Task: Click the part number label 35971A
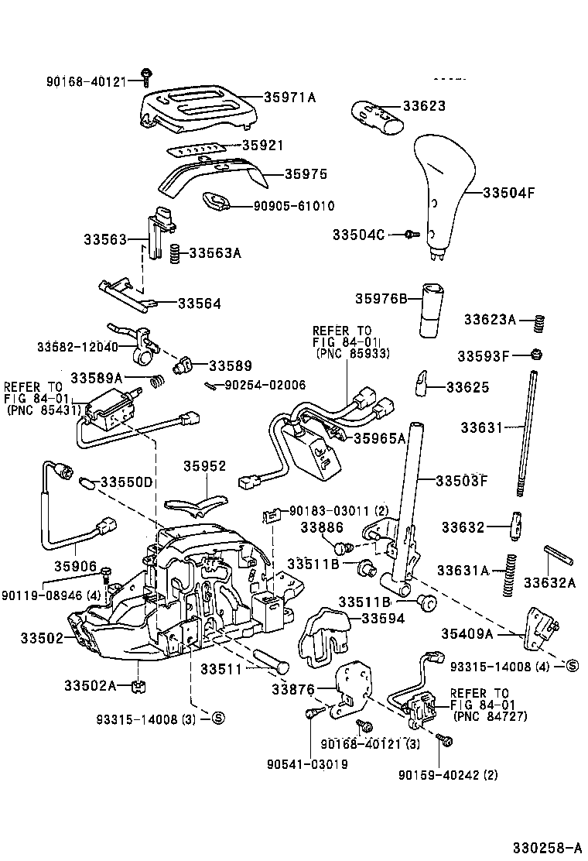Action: point(290,98)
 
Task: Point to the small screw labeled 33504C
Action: point(411,233)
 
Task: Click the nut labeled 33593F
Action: point(535,355)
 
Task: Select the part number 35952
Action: point(204,466)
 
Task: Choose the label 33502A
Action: point(90,685)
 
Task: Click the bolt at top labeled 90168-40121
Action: point(145,76)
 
